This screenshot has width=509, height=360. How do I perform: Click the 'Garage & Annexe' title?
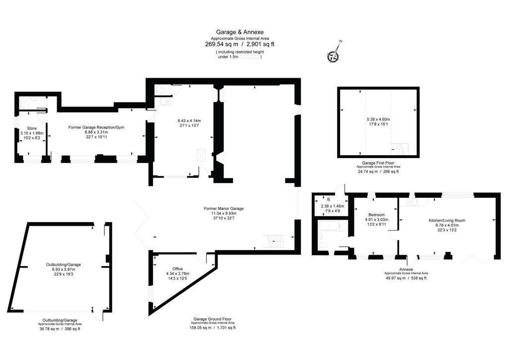[240, 32]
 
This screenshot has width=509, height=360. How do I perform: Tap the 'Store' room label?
[32, 128]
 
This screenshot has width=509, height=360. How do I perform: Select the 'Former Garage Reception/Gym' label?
[96, 127]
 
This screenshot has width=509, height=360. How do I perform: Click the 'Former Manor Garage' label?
[224, 209]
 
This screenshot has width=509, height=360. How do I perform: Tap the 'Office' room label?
[177, 269]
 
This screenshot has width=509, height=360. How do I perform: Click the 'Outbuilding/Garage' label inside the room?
[64, 265]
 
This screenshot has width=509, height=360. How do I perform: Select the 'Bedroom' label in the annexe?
[377, 215]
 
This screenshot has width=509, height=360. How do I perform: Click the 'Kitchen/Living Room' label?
[447, 220]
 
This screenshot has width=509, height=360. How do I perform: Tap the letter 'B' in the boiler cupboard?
[329, 199]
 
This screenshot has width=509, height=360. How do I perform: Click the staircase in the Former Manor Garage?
[273, 241]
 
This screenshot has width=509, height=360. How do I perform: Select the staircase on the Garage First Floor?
[400, 149]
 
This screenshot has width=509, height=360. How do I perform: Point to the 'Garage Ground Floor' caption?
[213, 319]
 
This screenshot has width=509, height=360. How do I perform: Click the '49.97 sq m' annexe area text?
[395, 278]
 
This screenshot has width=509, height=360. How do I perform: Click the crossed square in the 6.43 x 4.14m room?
[201, 155]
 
